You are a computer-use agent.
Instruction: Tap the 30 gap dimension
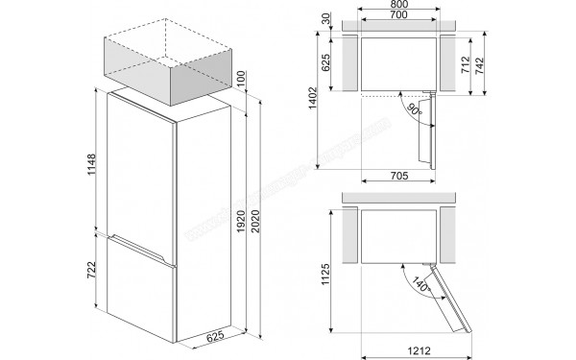pyautogui.click(x=328, y=19)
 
